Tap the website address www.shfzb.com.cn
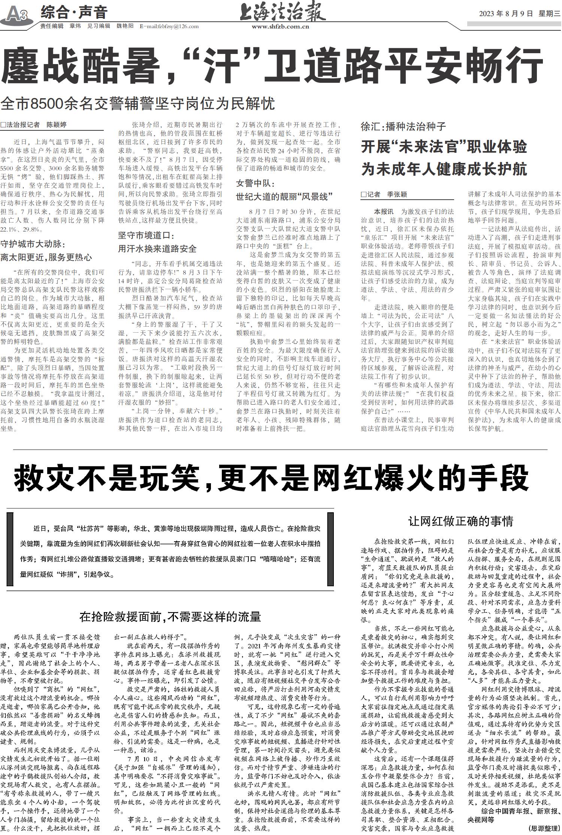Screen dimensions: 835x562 click(280, 27)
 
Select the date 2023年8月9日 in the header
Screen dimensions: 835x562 click(506, 14)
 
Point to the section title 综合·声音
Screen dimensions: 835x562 click(74, 12)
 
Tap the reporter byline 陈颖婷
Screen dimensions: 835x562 click(56, 125)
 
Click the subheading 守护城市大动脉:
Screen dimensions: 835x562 click(33, 245)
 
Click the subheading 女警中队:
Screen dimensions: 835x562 click(255, 184)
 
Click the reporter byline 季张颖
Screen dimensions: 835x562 click(397, 194)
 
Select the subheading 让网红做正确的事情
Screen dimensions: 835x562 click(460, 521)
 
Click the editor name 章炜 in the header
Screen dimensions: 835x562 click(75, 26)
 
